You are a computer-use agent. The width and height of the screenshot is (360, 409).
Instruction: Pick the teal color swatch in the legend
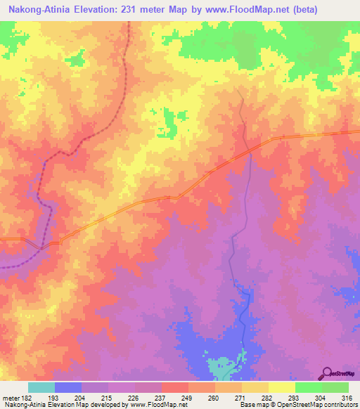pyautogui.click(x=41, y=387)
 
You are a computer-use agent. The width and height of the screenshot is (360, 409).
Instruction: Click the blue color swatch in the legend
pyautogui.click(x=68, y=387)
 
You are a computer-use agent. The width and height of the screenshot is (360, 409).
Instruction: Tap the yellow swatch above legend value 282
pyautogui.click(x=255, y=387)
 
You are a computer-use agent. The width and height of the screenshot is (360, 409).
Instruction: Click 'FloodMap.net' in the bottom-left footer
pyautogui.click(x=153, y=405)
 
